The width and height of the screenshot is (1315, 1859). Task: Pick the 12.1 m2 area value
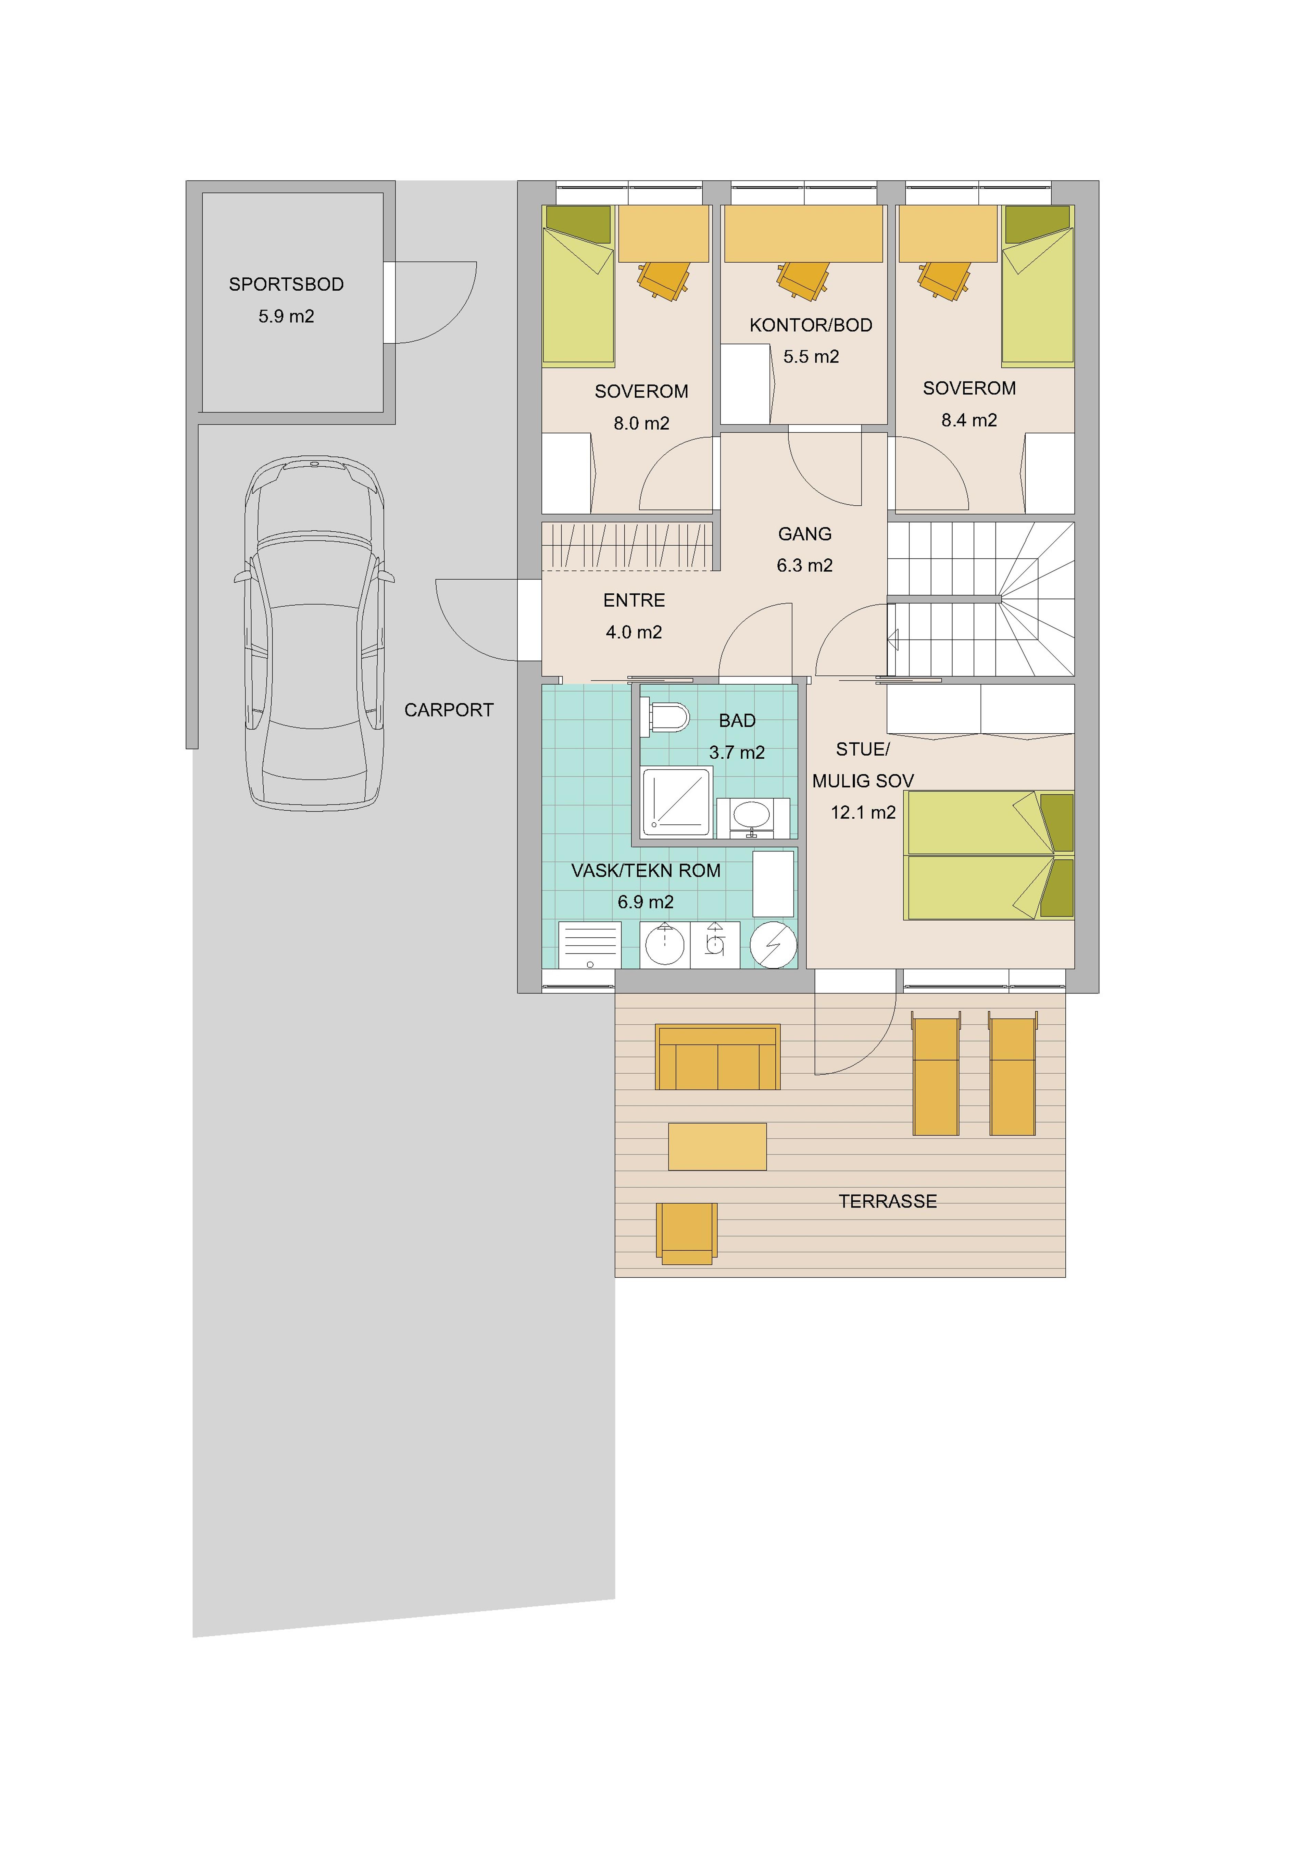(863, 813)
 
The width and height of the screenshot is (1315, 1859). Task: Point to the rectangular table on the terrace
(717, 1147)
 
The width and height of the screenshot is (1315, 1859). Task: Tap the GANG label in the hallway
(805, 534)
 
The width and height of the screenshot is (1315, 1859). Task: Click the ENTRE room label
(634, 601)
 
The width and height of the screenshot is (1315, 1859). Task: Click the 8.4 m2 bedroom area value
(969, 420)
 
